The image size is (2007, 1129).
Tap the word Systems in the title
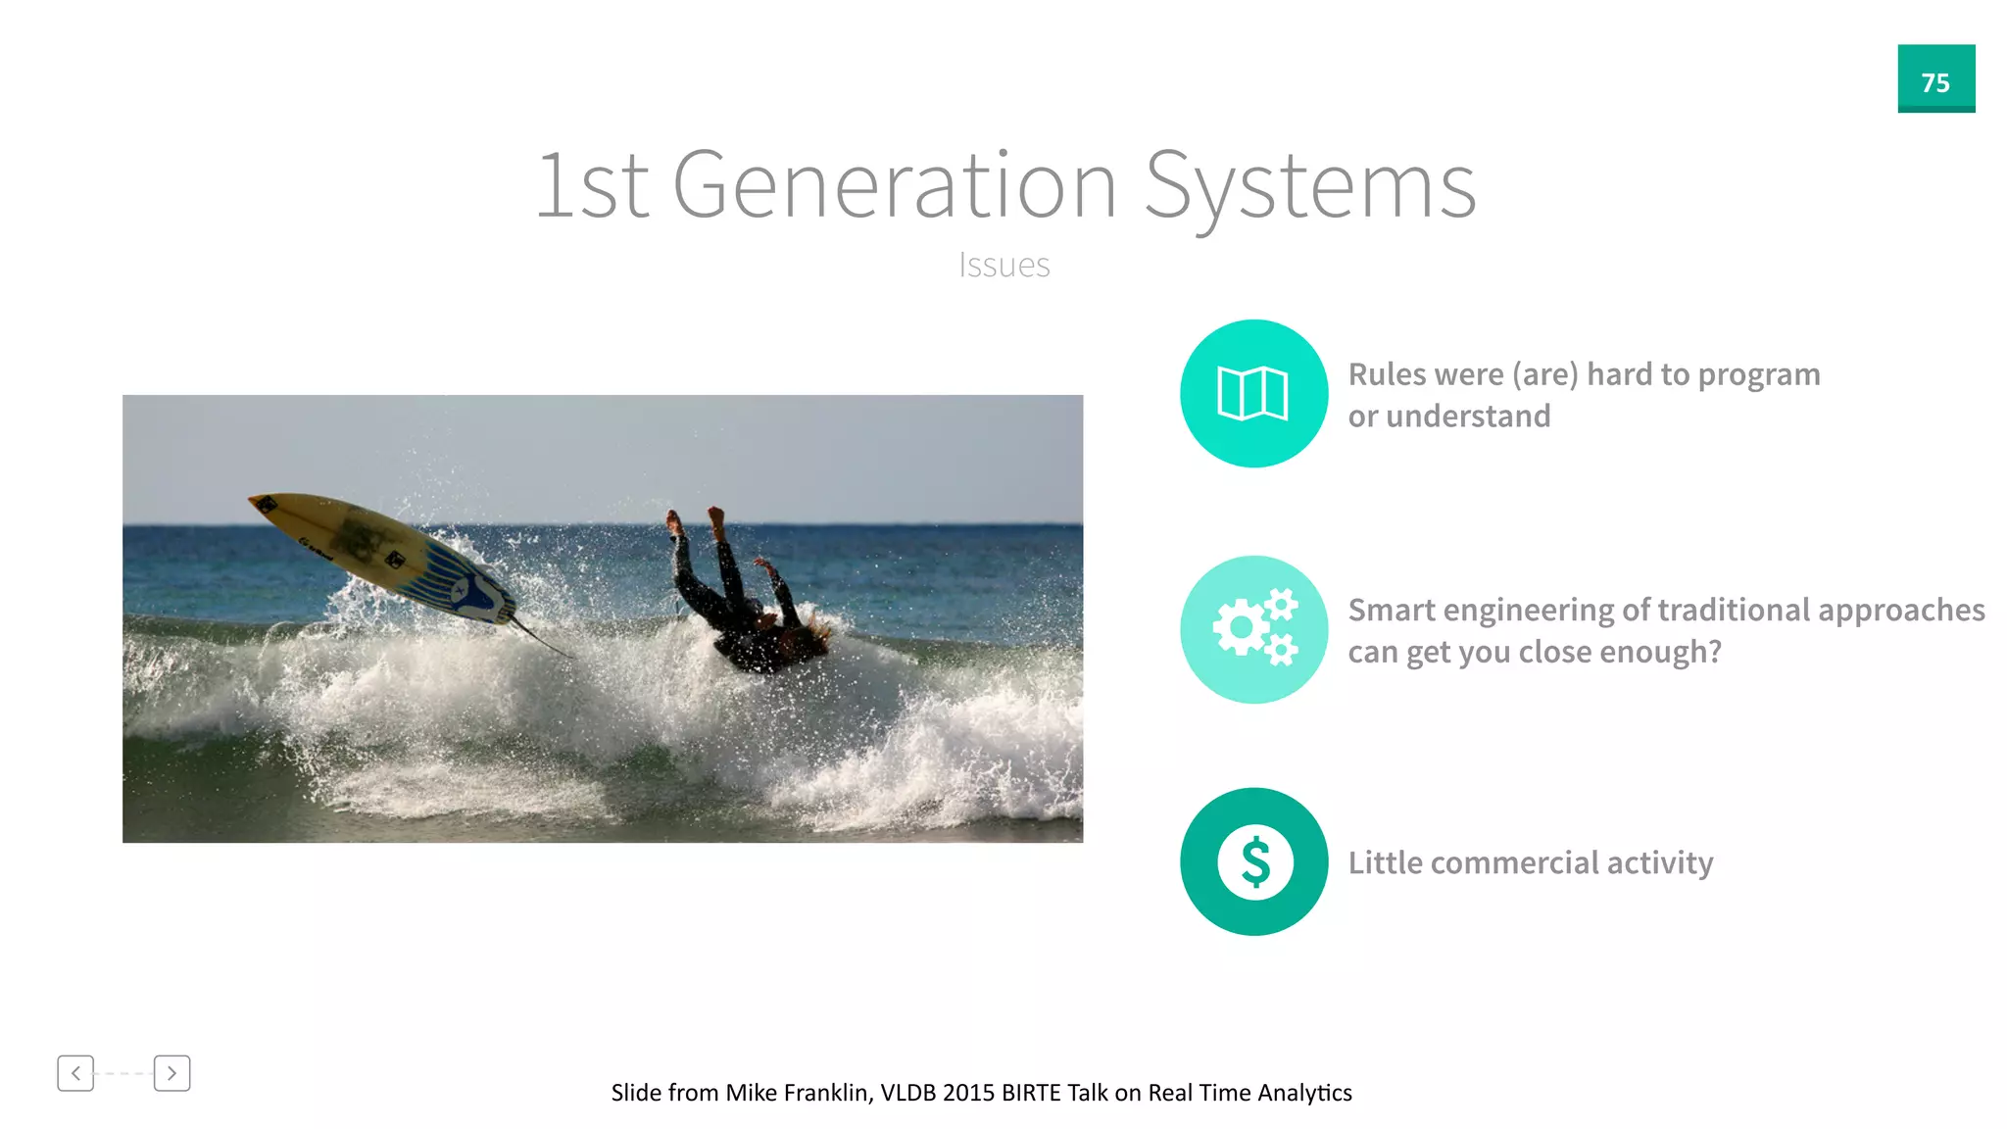point(1309,186)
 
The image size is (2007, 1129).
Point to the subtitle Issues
point(1003,265)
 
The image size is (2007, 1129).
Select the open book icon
point(1252,393)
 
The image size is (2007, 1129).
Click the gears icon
point(1254,628)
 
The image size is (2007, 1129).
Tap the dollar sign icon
point(1254,861)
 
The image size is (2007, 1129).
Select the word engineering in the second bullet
point(1529,612)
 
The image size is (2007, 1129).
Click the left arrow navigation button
point(75,1073)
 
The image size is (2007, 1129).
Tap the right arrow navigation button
point(171,1073)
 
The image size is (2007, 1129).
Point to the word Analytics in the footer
point(1304,1093)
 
